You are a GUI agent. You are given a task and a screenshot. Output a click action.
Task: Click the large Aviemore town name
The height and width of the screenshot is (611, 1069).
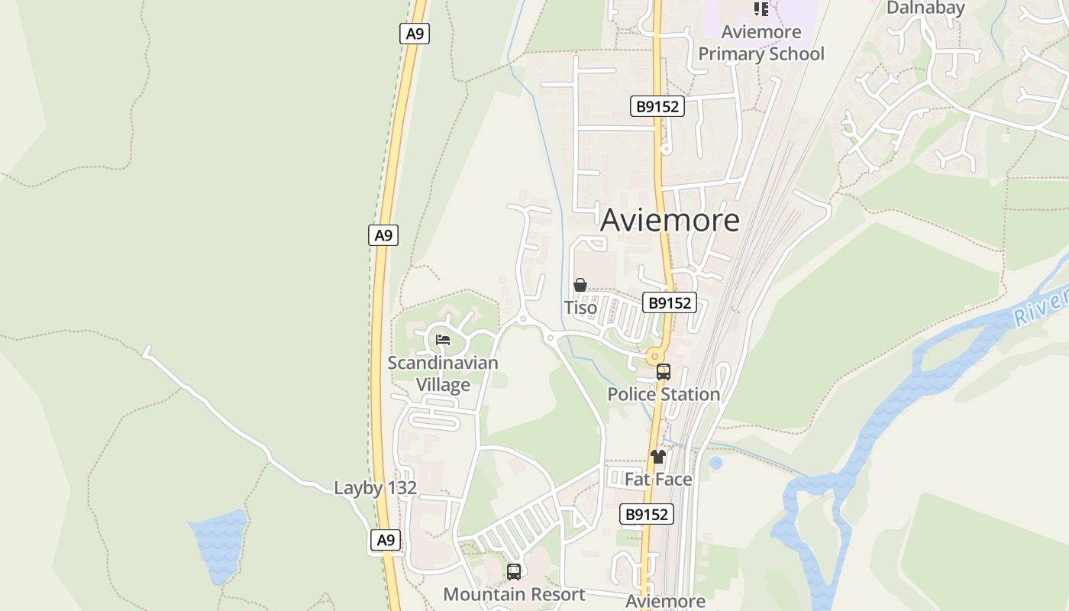click(670, 220)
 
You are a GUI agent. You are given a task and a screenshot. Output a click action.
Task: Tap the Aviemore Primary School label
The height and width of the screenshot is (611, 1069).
click(761, 43)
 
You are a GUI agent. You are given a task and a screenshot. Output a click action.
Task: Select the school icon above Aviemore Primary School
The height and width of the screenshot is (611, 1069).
click(761, 9)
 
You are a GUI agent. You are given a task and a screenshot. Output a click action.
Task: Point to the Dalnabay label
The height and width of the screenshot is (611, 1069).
click(925, 8)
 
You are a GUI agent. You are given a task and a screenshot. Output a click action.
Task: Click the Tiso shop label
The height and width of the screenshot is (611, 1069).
click(580, 307)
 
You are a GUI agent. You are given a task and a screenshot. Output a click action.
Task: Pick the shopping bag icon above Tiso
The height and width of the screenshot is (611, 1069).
click(580, 285)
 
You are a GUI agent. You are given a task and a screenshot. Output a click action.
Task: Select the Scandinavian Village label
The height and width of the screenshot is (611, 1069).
click(443, 373)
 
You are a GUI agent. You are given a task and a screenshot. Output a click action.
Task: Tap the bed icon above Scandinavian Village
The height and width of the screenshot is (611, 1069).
click(443, 340)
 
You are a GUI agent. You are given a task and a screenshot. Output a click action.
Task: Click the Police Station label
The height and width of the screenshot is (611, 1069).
click(664, 394)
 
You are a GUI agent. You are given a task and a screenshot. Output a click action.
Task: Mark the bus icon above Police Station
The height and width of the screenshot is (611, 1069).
click(664, 372)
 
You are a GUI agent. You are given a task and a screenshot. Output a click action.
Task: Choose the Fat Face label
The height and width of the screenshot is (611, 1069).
click(658, 479)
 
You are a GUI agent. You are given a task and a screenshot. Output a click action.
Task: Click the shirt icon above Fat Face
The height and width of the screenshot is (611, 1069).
click(658, 457)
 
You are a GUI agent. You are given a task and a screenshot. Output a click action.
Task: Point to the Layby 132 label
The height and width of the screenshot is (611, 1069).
click(376, 488)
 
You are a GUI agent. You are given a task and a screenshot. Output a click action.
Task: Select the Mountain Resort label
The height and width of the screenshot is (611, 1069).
click(514, 594)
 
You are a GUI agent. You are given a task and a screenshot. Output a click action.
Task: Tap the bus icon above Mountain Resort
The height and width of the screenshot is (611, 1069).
click(514, 571)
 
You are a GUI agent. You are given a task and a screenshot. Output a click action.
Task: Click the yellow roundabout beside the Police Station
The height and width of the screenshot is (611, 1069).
click(654, 356)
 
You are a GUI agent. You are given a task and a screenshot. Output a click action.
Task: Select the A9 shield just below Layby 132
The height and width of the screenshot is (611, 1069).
click(386, 540)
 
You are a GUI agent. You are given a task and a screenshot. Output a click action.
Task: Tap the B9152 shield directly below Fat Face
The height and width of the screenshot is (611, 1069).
click(647, 515)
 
